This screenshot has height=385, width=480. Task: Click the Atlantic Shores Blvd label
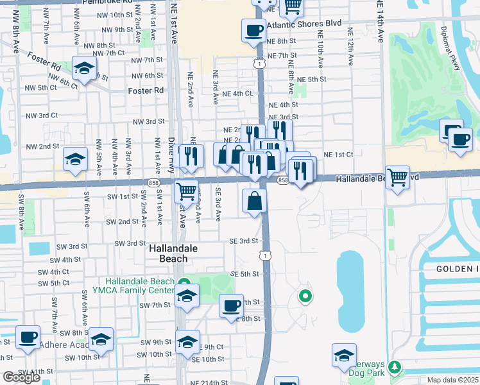[304, 25]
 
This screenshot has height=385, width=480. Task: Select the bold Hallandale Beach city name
[169, 253]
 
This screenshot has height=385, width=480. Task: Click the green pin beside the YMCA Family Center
[184, 282]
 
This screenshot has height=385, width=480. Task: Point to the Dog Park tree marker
[396, 367]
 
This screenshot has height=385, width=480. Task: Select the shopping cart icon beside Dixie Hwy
[186, 190]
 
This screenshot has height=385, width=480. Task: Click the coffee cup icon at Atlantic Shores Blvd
[253, 30]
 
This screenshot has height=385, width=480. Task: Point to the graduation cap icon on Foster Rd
[83, 68]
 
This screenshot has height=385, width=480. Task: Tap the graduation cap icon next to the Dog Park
[344, 355]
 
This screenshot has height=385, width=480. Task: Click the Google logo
[21, 377]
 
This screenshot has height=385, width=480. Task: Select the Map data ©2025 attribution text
[452, 380]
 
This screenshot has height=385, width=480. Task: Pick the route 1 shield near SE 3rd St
[264, 255]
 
